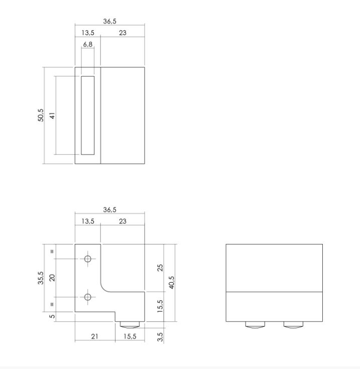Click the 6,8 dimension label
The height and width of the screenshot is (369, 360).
87,45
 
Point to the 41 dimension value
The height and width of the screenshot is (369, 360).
52,115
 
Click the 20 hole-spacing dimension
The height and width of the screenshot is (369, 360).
52,278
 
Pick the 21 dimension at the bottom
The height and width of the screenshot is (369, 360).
94,336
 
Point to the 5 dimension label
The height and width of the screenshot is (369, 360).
52,316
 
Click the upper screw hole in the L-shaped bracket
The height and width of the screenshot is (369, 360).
88,259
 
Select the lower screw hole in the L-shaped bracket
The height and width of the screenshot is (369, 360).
88,297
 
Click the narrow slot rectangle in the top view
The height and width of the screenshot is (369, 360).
87,115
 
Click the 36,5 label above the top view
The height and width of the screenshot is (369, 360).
109,22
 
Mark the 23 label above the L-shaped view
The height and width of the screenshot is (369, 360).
123,221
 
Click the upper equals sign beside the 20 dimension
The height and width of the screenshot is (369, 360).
52,251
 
